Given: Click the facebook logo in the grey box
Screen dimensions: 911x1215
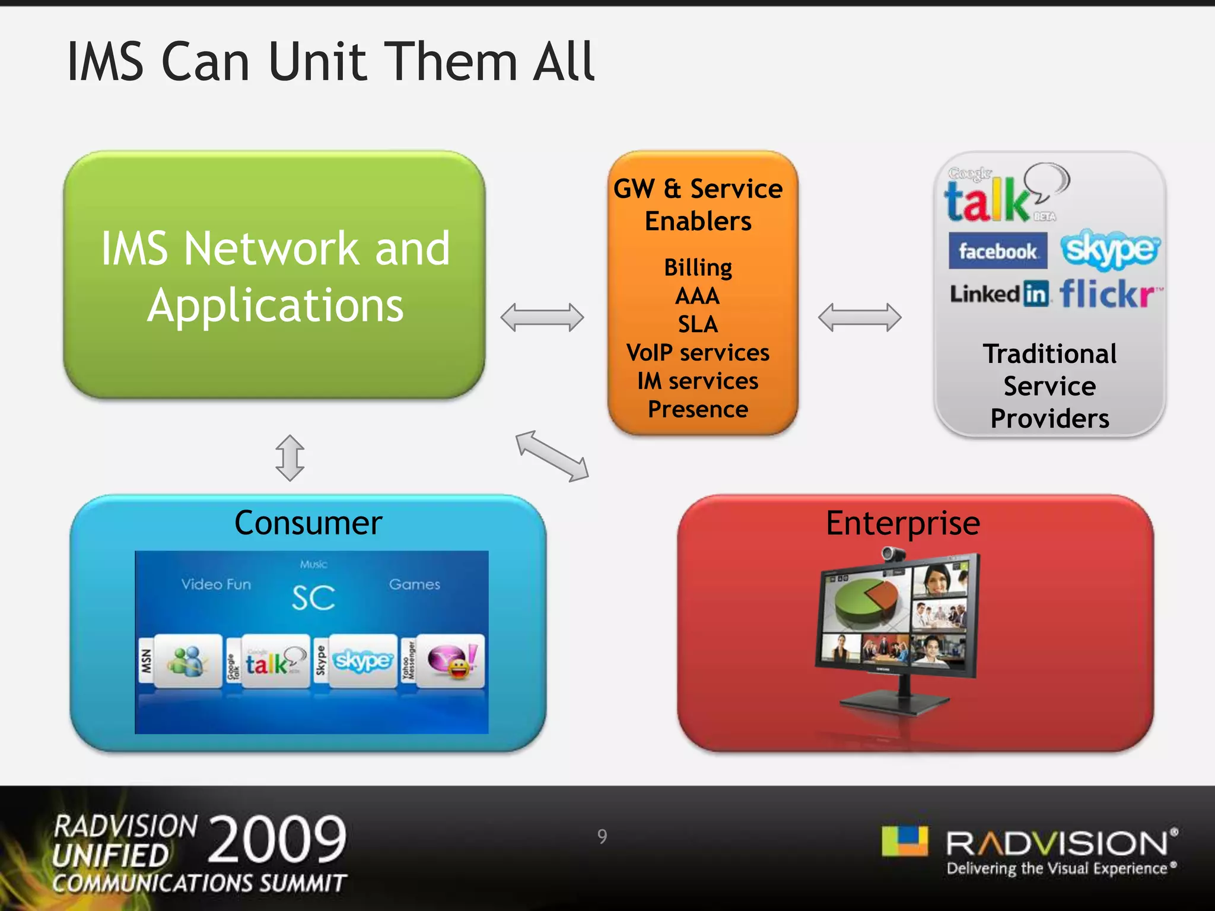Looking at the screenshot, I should point(997,251).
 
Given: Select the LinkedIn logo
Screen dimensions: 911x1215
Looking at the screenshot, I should point(999,294).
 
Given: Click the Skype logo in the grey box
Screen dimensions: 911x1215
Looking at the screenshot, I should point(1109,250).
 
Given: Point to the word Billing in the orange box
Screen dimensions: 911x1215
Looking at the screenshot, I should point(698,267).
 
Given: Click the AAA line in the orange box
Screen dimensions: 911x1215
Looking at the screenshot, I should point(698,296).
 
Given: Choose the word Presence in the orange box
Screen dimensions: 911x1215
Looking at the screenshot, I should point(698,409).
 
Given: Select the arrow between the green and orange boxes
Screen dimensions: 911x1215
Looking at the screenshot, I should point(542,317).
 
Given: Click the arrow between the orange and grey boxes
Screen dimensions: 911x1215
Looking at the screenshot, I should point(860,317).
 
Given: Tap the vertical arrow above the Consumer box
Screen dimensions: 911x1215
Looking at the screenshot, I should point(290,458).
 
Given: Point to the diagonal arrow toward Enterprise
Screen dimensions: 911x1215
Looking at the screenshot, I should point(552,455).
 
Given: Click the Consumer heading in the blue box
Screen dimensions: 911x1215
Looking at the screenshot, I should point(308,523).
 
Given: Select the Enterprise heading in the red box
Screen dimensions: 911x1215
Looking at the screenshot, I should point(902,523).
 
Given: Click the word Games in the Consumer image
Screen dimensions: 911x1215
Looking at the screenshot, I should point(414,585).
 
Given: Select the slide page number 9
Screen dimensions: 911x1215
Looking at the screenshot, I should point(602,836).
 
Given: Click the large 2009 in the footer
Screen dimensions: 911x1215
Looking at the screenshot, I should point(277,839).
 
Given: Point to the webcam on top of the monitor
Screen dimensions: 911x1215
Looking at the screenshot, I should point(892,555).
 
